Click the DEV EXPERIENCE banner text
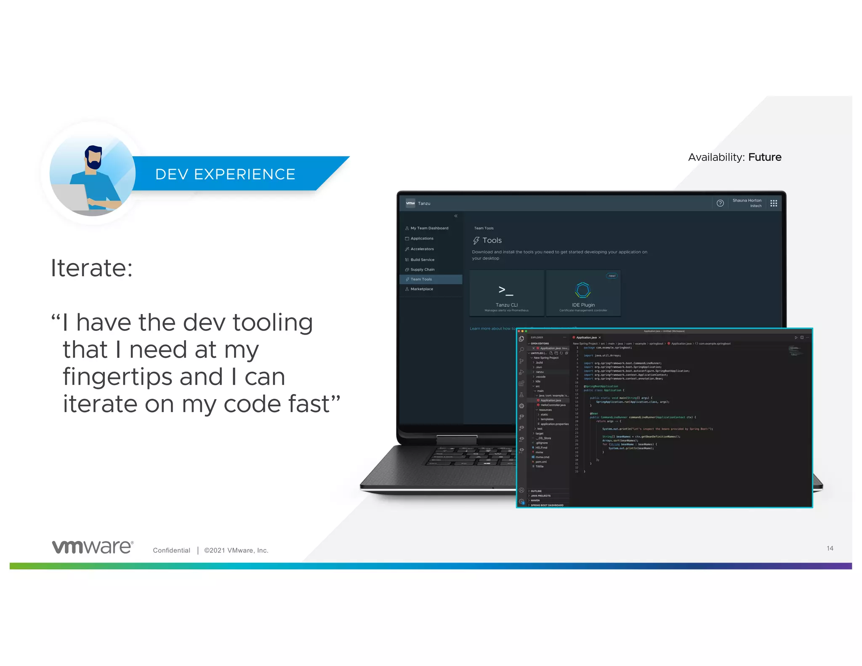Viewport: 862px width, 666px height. coord(225,174)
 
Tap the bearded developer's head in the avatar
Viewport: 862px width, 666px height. coord(93,157)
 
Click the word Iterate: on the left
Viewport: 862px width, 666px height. coord(92,268)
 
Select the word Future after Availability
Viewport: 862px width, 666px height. coord(765,157)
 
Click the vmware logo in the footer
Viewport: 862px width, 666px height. coord(93,547)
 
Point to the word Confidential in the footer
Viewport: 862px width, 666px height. coord(171,550)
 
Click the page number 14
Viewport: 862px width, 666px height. coord(830,548)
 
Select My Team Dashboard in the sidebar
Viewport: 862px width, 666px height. coord(429,228)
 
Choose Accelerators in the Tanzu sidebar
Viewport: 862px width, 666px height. coord(422,249)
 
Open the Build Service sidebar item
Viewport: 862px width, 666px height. coord(422,260)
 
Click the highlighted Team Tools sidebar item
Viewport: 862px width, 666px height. coord(421,279)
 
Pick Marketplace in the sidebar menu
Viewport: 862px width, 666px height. coord(421,289)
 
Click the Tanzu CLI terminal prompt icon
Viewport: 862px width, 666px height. coord(505,290)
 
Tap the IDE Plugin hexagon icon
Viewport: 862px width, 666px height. coord(583,290)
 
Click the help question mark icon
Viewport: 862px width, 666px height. coord(720,203)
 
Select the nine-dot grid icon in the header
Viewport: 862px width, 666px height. coord(774,203)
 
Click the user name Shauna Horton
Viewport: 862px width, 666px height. coord(747,200)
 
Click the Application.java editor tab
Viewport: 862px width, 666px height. coord(586,337)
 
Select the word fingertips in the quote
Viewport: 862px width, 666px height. coord(143,377)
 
